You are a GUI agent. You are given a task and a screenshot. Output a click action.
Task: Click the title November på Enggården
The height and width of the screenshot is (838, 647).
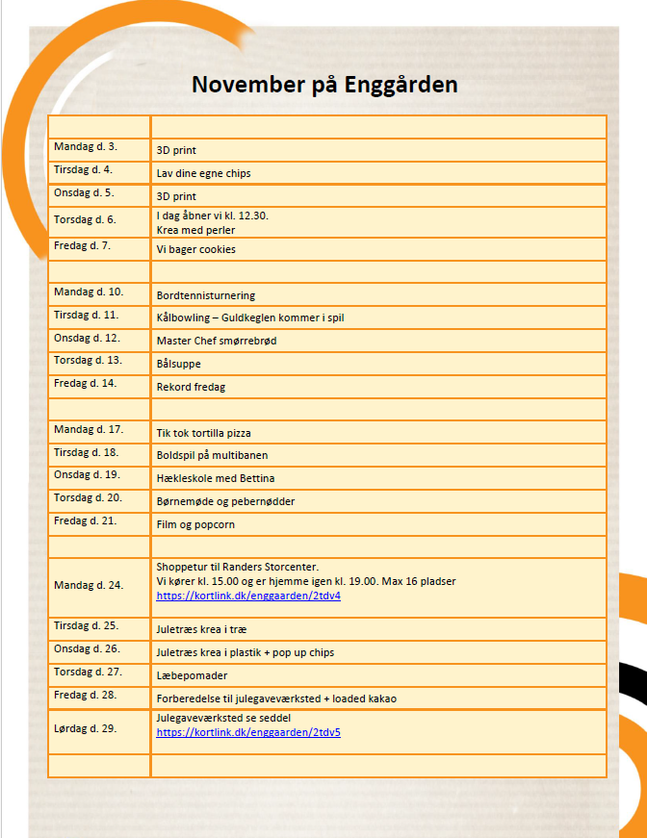[x=323, y=85]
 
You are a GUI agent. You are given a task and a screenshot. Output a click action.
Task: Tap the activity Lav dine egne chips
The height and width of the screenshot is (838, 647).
[x=203, y=173]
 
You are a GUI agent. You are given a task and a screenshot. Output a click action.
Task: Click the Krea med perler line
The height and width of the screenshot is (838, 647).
[x=195, y=230]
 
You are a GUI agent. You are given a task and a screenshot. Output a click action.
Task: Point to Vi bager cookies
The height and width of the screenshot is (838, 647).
[x=196, y=249]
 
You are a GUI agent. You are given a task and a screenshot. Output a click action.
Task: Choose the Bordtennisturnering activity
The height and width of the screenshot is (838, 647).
[x=206, y=295]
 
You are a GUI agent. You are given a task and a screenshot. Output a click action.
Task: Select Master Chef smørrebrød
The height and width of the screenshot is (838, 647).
[x=217, y=341]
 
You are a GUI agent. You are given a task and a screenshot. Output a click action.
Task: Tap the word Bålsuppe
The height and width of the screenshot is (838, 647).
[x=179, y=364]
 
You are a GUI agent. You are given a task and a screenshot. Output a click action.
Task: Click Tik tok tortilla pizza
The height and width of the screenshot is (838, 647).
[x=203, y=433]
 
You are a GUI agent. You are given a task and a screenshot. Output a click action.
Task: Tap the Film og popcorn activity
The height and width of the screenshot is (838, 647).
[x=195, y=524]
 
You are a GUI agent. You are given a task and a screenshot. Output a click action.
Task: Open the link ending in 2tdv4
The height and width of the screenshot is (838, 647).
[x=248, y=596]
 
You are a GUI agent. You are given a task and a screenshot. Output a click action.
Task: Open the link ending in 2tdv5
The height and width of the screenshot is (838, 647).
[x=248, y=732]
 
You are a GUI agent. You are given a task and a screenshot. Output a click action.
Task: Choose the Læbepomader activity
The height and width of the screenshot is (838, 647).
[x=192, y=675]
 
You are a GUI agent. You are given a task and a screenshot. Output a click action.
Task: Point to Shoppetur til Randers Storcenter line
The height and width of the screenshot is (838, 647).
[x=237, y=566]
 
